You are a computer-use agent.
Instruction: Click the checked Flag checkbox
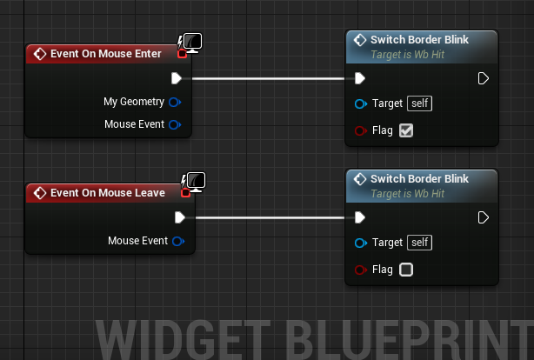click(406, 130)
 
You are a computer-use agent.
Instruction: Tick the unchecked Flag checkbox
click(406, 270)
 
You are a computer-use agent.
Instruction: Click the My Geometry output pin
click(175, 102)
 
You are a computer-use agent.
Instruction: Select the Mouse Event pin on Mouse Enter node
click(175, 124)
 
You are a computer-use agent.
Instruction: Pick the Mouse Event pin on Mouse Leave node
click(178, 241)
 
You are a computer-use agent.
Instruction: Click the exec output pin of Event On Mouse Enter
click(177, 78)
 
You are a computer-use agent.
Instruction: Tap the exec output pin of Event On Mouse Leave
click(180, 217)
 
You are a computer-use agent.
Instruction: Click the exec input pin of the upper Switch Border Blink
click(360, 78)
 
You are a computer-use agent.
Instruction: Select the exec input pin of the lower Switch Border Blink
click(360, 217)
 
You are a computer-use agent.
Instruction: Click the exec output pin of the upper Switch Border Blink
click(484, 78)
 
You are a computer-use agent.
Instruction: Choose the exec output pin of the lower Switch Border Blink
click(484, 217)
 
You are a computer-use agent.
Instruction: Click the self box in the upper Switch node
click(419, 103)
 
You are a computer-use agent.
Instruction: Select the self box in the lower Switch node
click(419, 243)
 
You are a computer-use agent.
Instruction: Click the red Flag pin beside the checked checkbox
click(360, 130)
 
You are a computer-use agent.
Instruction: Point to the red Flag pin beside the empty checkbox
click(360, 270)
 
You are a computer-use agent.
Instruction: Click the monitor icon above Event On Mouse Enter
click(193, 43)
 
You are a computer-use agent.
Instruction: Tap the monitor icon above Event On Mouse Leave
click(197, 182)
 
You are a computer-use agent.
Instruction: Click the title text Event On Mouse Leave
click(108, 193)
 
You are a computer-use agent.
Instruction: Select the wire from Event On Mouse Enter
click(269, 78)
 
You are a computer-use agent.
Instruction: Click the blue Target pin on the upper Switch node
click(360, 103)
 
